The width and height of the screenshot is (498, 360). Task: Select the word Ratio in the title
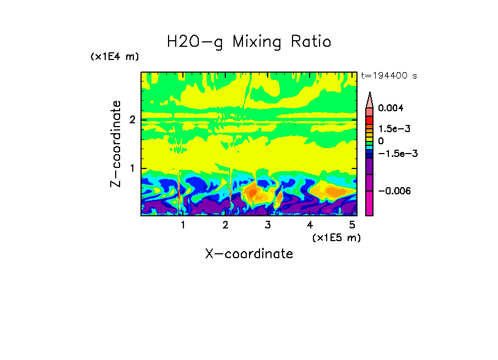(312, 42)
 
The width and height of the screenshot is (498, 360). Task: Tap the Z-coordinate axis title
(116, 144)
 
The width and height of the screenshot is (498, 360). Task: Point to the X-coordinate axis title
(249, 254)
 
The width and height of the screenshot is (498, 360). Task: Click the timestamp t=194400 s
(388, 75)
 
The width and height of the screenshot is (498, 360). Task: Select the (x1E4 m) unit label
(115, 57)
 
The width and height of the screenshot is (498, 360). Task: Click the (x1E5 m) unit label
(336, 237)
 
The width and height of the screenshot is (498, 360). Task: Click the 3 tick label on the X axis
(268, 225)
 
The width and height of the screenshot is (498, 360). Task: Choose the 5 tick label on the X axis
(352, 225)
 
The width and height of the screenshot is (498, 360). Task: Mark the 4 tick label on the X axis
(310, 225)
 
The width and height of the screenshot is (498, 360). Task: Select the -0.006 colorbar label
(391, 190)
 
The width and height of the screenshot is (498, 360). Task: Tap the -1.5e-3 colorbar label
(393, 154)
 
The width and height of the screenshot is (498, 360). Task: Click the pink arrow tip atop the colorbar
(370, 100)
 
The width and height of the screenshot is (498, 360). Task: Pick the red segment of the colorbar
(370, 120)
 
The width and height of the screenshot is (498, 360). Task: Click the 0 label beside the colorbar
(381, 141)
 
